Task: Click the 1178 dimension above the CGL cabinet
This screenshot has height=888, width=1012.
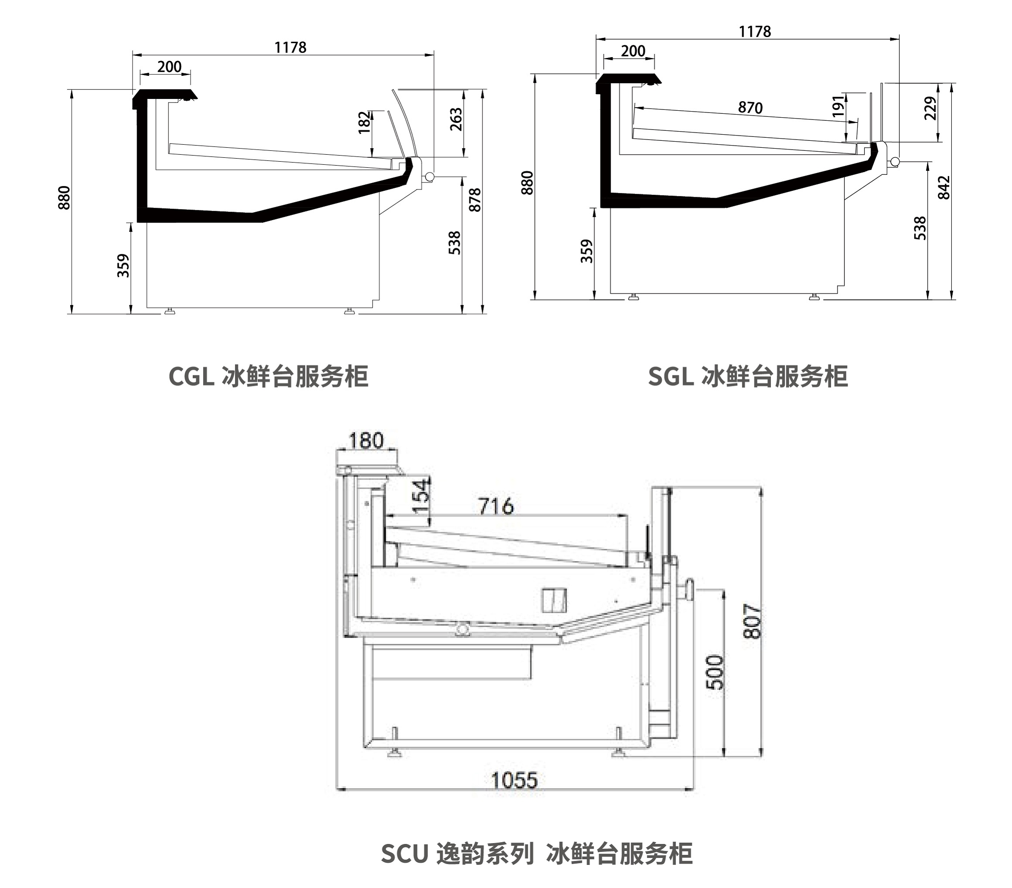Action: pos(290,48)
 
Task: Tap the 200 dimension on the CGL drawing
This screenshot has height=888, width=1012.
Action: pos(169,67)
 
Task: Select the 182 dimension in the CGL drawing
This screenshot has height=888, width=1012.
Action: pos(364,122)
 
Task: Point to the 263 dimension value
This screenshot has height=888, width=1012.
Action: pos(455,119)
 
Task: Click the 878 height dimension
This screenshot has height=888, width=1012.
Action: pos(475,200)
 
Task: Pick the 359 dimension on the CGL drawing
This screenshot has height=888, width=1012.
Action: pos(123,265)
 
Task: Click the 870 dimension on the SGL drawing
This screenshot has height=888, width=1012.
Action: pos(750,107)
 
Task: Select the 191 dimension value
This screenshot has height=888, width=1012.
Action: pos(838,106)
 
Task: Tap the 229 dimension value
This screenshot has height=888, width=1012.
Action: pos(931,109)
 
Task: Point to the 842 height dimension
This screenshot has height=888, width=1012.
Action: pos(944,187)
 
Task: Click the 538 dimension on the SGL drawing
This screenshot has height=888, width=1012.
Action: pos(920,228)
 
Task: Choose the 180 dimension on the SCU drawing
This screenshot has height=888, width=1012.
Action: pos(366,440)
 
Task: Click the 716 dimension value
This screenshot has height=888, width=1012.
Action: pos(496,506)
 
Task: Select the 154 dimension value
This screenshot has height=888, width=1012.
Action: pos(421,496)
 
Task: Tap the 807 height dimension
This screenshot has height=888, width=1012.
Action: pos(752,621)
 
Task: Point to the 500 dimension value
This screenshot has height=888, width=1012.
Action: pos(715,672)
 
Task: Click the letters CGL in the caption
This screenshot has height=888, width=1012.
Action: pos(191,377)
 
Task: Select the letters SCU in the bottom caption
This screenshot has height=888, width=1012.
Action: pos(404,854)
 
